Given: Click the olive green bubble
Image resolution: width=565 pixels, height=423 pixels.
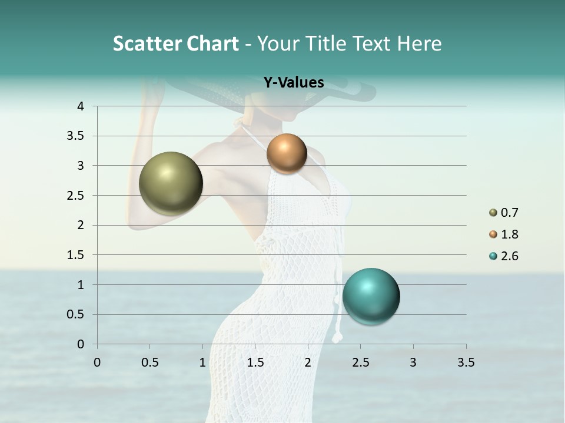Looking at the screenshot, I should coord(171,183).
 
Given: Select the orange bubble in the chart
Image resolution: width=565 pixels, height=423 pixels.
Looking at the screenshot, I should coord(287,153).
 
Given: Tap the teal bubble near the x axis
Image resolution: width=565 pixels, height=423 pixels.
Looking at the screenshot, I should coord(371,296).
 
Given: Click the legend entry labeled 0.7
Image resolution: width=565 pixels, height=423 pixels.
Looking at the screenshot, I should coord(504,213).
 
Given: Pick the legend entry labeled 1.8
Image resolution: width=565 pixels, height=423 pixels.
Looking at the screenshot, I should coord(504,234).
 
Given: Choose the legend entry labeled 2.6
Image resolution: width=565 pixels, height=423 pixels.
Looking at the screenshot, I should coord(504,256).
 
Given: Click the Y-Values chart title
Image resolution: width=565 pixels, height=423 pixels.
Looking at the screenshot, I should coord(294,83).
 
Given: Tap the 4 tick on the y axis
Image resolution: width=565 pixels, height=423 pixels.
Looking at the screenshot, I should coord(81,106).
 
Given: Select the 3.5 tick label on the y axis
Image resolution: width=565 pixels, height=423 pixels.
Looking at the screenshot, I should coord(77,136).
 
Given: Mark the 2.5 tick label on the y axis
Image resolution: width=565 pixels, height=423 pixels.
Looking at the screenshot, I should coord(77,196).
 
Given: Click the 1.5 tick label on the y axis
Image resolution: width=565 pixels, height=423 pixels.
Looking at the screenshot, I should coord(77,255).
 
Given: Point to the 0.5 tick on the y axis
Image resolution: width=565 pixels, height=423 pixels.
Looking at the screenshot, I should coord(77,314).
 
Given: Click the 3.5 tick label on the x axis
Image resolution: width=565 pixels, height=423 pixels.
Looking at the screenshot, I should coord(466,362).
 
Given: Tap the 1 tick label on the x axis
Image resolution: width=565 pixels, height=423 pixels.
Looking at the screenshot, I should coord(202,362).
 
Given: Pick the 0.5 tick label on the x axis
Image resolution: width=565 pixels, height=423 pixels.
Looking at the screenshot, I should coord(149,362).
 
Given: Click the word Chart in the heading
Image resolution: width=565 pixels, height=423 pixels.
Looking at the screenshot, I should coord(212,43).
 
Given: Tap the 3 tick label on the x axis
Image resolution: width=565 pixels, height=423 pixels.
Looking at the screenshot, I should coord(413,362).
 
